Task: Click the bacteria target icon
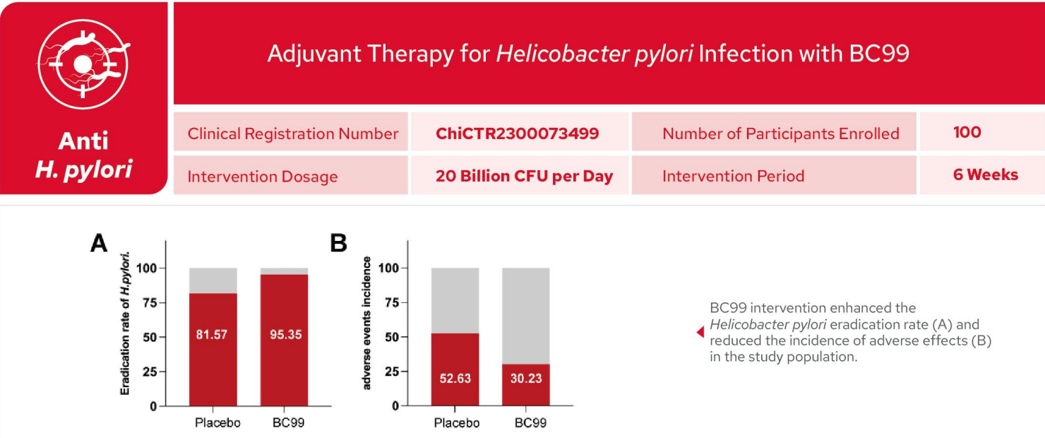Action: (x=83, y=64)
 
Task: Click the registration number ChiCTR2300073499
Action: (x=517, y=134)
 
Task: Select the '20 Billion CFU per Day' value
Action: (x=524, y=176)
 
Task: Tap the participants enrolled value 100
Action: (x=967, y=132)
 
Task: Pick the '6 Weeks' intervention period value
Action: (x=985, y=174)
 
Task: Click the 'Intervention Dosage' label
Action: (x=262, y=177)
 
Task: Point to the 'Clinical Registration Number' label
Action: (x=292, y=134)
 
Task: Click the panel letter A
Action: (x=99, y=243)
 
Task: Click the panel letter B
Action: (x=339, y=243)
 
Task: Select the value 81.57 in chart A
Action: (x=212, y=334)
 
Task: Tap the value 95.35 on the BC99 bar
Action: (x=285, y=334)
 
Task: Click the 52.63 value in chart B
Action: (x=455, y=378)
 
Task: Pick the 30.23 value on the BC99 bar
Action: (x=526, y=378)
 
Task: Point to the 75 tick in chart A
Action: (x=150, y=302)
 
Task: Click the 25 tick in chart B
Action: (x=391, y=372)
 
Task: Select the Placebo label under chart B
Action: (x=457, y=422)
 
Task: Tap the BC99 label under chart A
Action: (x=288, y=422)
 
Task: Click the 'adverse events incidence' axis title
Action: (x=366, y=323)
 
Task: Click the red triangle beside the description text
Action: (x=700, y=332)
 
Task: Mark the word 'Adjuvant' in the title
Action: (x=314, y=54)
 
